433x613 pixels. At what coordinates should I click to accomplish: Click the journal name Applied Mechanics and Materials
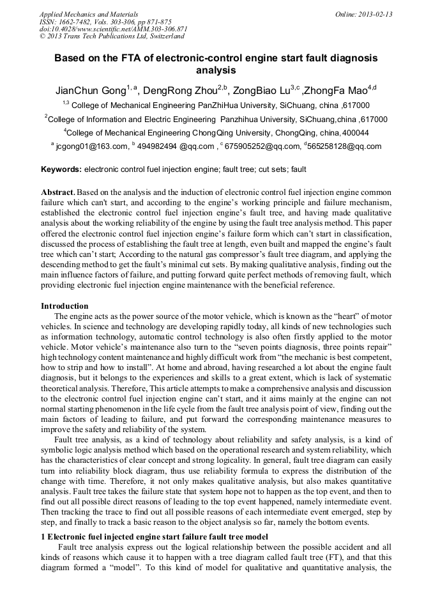click(x=88, y=13)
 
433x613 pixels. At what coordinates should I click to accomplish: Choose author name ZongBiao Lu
click(x=262, y=90)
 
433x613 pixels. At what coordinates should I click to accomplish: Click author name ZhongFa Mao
click(x=335, y=90)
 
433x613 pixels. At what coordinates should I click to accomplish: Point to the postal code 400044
click(x=354, y=133)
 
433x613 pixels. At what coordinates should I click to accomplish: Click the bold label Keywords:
click(x=61, y=170)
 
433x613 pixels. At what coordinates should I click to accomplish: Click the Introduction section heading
click(x=65, y=306)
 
